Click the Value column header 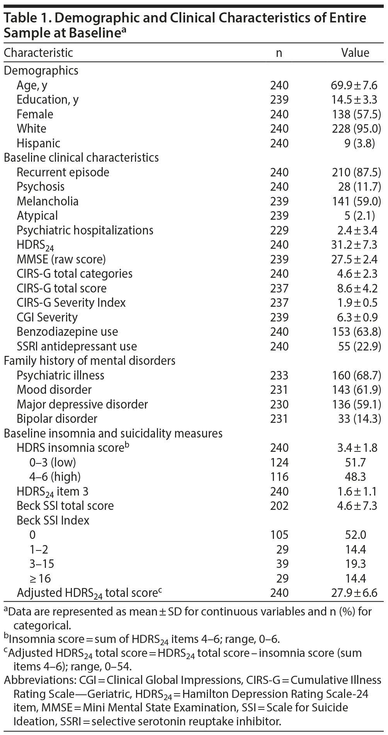(x=355, y=53)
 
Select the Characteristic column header (x=38, y=53)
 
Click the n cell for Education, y (x=279, y=100)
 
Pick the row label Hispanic (x=38, y=143)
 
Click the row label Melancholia (x=47, y=201)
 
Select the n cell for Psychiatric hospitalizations (x=279, y=230)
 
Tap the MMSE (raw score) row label (x=61, y=259)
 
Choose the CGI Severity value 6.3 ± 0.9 (x=357, y=317)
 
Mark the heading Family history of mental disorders (x=90, y=361)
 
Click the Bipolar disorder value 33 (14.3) (x=359, y=419)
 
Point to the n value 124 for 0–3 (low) (x=279, y=462)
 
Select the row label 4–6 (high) (x=55, y=477)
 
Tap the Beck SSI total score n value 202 (x=279, y=506)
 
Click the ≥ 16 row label (x=40, y=578)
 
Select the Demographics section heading (x=41, y=70)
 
